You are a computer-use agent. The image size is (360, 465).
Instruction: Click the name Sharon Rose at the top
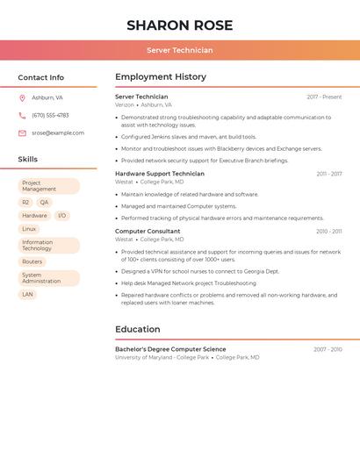pos(180,25)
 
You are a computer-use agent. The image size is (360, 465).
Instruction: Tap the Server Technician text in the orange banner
pos(180,50)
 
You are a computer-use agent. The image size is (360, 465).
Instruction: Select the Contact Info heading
pos(41,77)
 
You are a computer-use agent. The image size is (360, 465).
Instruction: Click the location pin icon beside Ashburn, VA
pos(22,98)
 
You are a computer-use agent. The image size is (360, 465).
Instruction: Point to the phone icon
pos(22,116)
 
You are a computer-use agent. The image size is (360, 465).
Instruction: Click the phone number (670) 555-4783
pos(50,116)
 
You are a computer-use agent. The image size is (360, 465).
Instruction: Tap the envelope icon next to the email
pos(22,133)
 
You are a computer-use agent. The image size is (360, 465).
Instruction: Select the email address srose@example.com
pos(58,133)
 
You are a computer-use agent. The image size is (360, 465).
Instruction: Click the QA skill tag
pos(44,203)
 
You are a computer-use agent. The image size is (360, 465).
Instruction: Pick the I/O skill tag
pos(61,216)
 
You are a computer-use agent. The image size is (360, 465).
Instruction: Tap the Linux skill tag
pos(30,229)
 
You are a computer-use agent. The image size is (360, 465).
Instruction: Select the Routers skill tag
pos(32,261)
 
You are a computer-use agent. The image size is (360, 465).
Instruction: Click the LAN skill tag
pos(28,295)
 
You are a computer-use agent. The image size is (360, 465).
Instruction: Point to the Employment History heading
pos(161,77)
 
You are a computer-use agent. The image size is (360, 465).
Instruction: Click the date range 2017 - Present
pos(324,97)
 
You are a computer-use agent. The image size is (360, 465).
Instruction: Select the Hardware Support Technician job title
pos(160,174)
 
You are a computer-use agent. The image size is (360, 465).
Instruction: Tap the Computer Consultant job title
pos(148,232)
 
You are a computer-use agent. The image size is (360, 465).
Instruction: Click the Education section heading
pos(138,330)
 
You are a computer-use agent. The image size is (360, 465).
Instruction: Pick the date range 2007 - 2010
pos(328,349)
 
